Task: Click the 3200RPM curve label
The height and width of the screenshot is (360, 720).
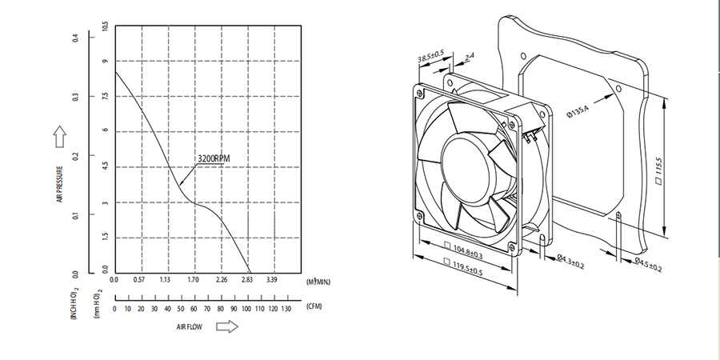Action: click(x=213, y=158)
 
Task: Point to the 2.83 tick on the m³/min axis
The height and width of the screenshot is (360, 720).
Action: click(x=248, y=279)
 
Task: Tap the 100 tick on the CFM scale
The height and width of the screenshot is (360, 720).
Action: click(x=248, y=309)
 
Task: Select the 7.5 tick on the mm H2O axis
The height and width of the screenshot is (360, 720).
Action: click(x=105, y=96)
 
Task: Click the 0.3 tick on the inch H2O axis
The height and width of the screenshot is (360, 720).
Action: click(x=76, y=97)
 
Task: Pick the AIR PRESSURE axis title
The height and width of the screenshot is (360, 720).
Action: click(x=60, y=184)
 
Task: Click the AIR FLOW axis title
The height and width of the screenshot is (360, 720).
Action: click(x=189, y=327)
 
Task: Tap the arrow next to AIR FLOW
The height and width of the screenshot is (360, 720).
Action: click(x=227, y=326)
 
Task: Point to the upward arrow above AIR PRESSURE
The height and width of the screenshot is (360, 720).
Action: click(x=60, y=138)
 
